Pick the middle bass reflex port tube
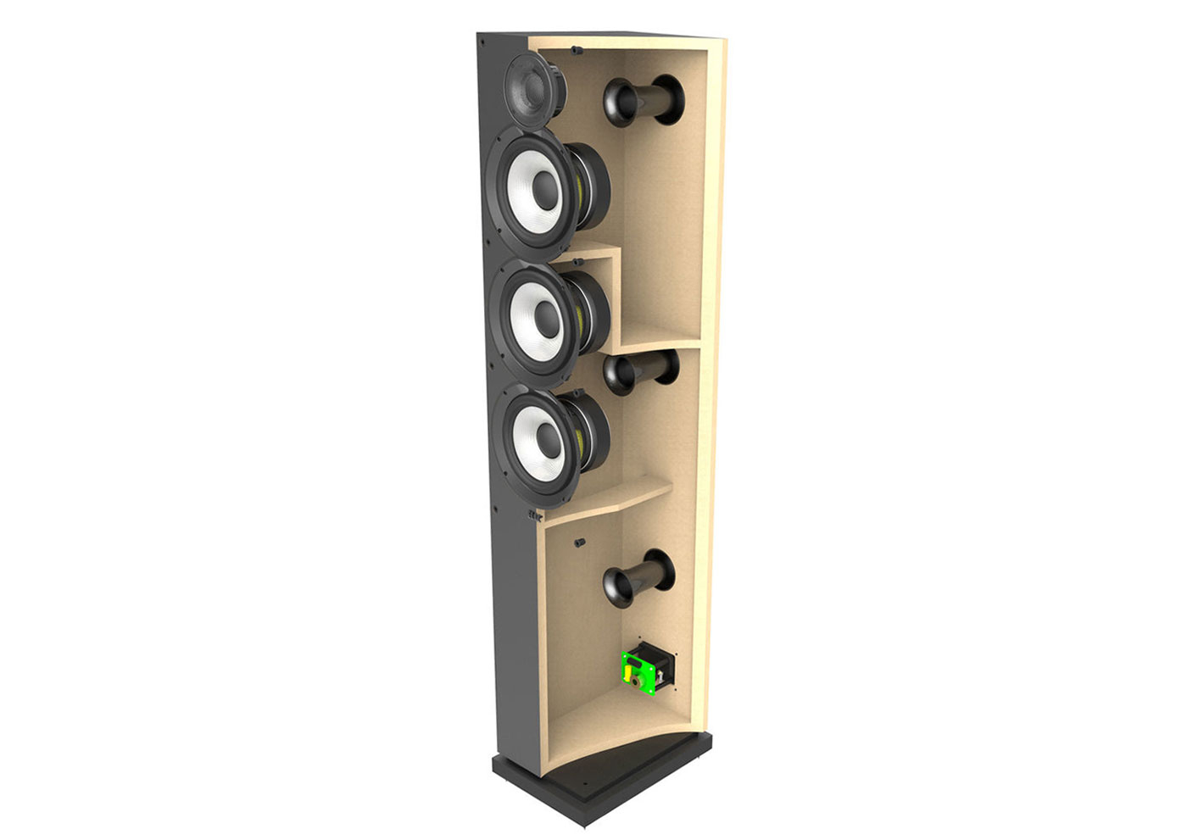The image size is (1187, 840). (x=643, y=373)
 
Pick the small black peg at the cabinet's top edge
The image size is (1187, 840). (x=577, y=50)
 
